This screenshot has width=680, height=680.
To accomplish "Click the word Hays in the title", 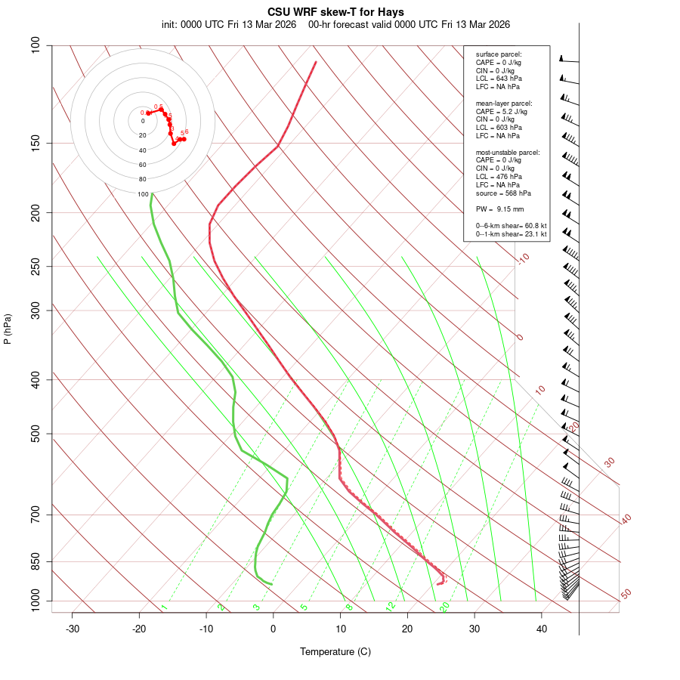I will click(389, 12).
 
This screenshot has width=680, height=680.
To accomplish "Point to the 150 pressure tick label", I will click(35, 143).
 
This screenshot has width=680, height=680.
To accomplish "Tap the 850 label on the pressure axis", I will click(35, 561).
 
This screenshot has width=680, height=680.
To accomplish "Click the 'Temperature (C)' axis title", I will click(335, 651).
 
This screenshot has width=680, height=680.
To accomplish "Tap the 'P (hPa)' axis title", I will click(8, 329).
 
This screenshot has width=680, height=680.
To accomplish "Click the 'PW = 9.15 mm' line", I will click(499, 209).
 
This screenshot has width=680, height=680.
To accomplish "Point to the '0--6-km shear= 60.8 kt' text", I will click(511, 226).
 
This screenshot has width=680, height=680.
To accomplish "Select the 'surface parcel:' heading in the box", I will click(499, 54).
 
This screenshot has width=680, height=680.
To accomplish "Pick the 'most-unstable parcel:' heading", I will click(507, 152).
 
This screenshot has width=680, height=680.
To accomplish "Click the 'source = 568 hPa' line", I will click(498, 193).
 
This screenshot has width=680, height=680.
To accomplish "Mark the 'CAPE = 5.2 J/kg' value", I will click(501, 111).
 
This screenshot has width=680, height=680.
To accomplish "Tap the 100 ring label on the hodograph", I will click(143, 194).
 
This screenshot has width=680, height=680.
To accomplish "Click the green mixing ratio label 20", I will click(445, 606).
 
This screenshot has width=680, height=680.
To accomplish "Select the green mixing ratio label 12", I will click(391, 606).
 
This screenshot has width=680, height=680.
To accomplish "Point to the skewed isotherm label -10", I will click(522, 258).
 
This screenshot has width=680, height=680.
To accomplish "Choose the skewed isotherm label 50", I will click(626, 595).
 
